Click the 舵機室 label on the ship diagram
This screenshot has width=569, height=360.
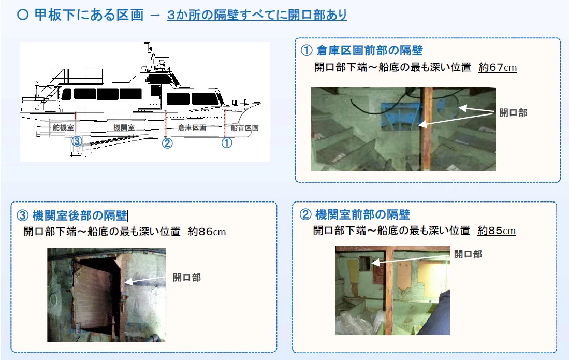(x=63, y=127)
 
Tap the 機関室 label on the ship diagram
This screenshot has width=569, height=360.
(x=124, y=127)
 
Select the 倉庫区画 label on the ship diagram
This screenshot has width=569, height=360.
(x=192, y=127)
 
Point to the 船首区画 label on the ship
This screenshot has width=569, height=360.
(x=244, y=128)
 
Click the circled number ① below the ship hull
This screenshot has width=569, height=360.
(x=227, y=142)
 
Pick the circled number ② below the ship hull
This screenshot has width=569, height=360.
(x=167, y=143)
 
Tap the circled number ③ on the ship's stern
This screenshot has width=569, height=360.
(x=77, y=141)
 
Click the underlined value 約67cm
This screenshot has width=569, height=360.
(x=498, y=67)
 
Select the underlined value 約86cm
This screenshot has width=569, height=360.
(x=207, y=232)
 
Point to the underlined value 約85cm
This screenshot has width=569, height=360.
(x=497, y=231)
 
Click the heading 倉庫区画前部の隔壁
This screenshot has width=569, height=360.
(x=370, y=50)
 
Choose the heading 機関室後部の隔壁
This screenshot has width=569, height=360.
(x=79, y=215)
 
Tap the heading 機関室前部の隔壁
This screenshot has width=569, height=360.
(x=362, y=214)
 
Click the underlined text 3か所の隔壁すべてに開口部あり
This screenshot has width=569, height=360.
(x=257, y=15)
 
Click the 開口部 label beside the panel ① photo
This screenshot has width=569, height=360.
(x=513, y=113)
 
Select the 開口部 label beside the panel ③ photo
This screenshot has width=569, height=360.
(x=186, y=278)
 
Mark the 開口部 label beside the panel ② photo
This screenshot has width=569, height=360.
(x=468, y=254)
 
